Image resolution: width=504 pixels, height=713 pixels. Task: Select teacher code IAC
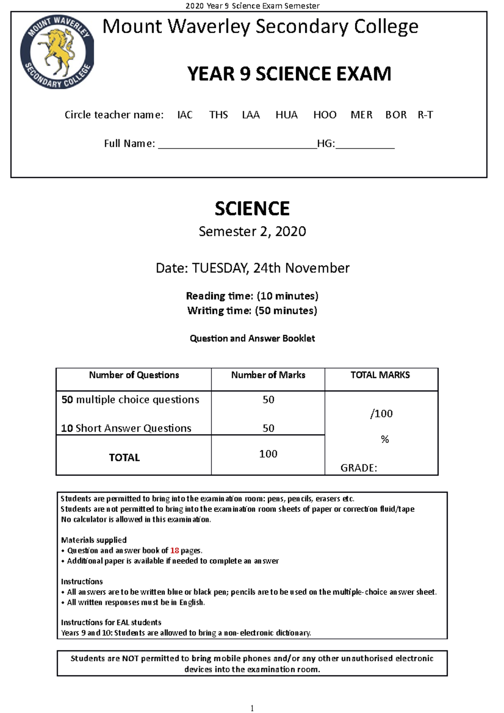pyautogui.click(x=185, y=115)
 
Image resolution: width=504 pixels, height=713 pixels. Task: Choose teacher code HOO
pyautogui.click(x=325, y=115)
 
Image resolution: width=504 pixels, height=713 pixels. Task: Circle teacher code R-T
pyautogui.click(x=425, y=115)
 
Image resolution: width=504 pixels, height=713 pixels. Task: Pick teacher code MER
pyautogui.click(x=361, y=115)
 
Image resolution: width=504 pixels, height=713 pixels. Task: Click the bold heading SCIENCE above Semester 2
pyautogui.click(x=252, y=209)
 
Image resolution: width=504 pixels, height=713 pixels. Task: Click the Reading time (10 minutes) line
pyautogui.click(x=252, y=296)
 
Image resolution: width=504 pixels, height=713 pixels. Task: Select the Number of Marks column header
pyautogui.click(x=268, y=375)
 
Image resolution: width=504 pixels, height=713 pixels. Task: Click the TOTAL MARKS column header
pyautogui.click(x=380, y=375)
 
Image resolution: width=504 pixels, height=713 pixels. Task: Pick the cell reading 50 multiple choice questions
pyautogui.click(x=130, y=400)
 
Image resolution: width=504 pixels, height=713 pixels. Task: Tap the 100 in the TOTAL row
pyautogui.click(x=268, y=454)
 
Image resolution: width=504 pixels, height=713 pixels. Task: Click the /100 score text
pyautogui.click(x=381, y=414)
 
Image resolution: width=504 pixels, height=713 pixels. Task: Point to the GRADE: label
pyautogui.click(x=358, y=468)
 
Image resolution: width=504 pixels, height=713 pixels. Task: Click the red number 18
pyautogui.click(x=174, y=550)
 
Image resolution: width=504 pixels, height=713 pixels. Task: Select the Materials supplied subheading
pyautogui.click(x=94, y=540)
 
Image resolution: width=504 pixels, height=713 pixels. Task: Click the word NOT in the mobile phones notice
pyautogui.click(x=130, y=658)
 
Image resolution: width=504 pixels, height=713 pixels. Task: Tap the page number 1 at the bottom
pyautogui.click(x=252, y=708)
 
